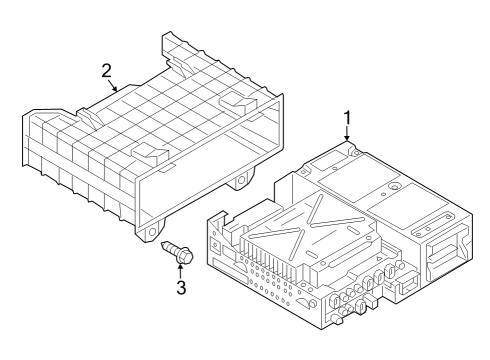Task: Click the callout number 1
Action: click(x=347, y=118)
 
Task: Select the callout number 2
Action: click(x=106, y=71)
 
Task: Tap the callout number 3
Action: click(x=181, y=288)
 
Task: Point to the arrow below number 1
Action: click(x=347, y=134)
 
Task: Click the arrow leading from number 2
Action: click(x=114, y=85)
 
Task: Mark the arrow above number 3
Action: click(x=180, y=271)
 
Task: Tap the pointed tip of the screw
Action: click(x=162, y=244)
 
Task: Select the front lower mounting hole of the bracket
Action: click(x=153, y=231)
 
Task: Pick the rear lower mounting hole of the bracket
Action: click(x=241, y=181)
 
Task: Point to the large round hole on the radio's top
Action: click(x=395, y=187)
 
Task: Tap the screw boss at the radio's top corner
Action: click(x=355, y=153)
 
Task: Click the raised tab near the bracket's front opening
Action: click(x=148, y=151)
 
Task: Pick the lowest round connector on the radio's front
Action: click(x=337, y=319)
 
